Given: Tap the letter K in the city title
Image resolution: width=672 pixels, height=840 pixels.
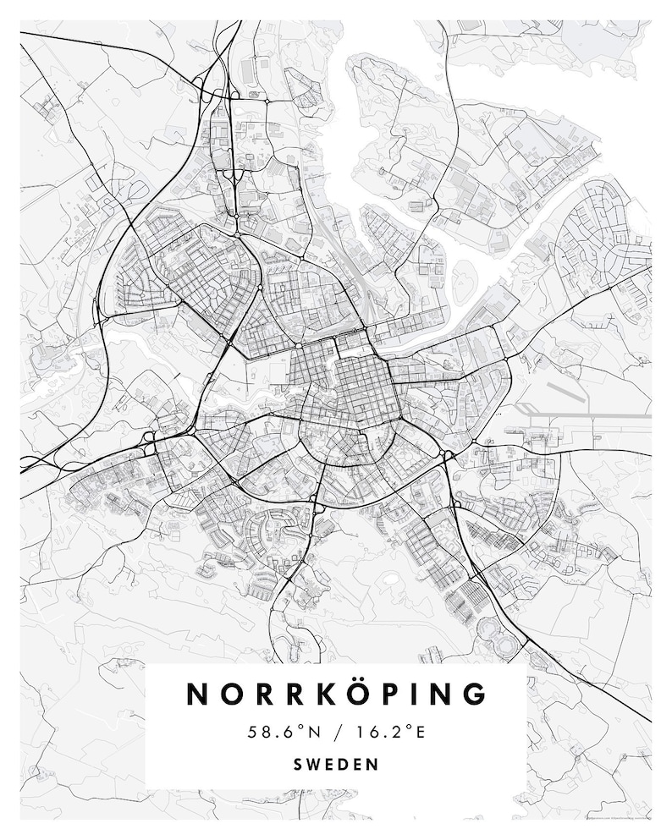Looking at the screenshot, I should pyautogui.click(x=321, y=693).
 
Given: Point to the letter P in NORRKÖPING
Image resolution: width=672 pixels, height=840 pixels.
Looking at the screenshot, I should pyautogui.click(x=388, y=693).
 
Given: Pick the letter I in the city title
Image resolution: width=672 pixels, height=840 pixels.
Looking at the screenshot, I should pyautogui.click(x=413, y=693).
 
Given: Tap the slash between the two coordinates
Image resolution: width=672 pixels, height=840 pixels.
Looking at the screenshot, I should pyautogui.click(x=336, y=732).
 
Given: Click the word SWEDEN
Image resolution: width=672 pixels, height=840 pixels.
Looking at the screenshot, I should pyautogui.click(x=336, y=764).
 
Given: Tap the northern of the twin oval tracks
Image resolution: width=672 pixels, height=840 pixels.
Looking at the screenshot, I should pyautogui.click(x=492, y=629).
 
